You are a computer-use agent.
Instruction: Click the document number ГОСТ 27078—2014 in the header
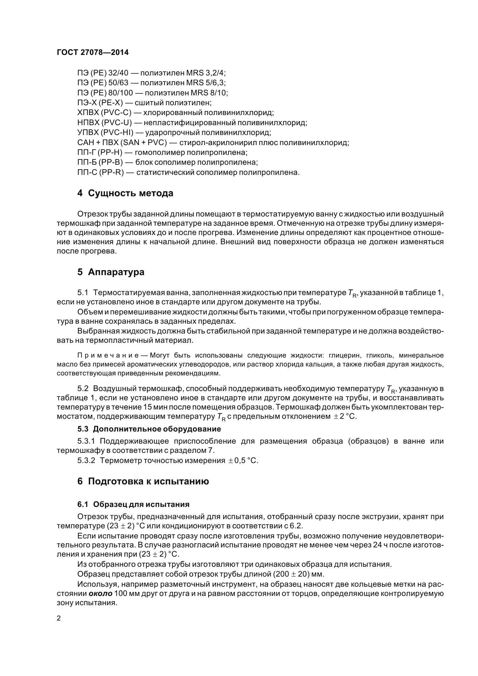(x=93, y=52)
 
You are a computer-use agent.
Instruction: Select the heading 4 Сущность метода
(x=125, y=193)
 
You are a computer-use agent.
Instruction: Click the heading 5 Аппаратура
(x=111, y=272)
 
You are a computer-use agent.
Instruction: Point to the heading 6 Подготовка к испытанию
(x=143, y=481)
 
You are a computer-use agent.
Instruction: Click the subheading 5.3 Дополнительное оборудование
(x=149, y=429)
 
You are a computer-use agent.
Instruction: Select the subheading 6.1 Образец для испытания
(x=133, y=504)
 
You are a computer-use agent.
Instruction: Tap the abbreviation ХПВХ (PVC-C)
(x=104, y=113)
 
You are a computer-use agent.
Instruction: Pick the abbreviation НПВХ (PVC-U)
(x=105, y=123)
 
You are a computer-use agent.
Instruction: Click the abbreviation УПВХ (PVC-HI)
(x=106, y=132)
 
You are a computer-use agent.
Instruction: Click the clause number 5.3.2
(x=86, y=461)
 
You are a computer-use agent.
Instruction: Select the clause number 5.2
(x=83, y=389)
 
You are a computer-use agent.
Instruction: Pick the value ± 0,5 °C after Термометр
(x=243, y=461)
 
